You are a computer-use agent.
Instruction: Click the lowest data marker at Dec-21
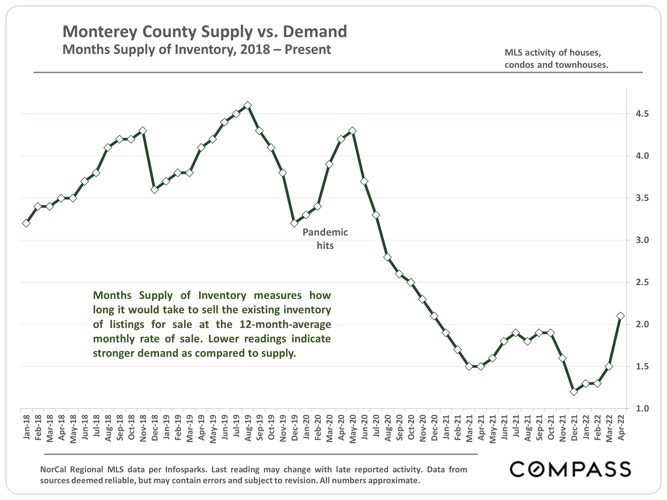coord(574,392)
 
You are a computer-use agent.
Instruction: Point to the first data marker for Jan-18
coord(26,223)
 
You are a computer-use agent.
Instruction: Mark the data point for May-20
coord(352,131)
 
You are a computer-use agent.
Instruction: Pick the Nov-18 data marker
coord(143,131)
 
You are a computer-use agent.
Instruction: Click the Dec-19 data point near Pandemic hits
coord(294,223)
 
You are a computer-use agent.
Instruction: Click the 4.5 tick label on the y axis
coord(642,114)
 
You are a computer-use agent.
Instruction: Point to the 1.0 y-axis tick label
coord(642,409)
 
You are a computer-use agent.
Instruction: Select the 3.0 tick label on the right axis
coord(642,240)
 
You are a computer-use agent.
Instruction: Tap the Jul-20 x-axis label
coord(376,426)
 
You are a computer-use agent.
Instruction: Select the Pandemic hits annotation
coord(325,239)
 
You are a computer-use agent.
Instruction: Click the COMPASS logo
coord(570,469)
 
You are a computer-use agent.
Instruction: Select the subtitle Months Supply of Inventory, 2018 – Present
coord(197,49)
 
